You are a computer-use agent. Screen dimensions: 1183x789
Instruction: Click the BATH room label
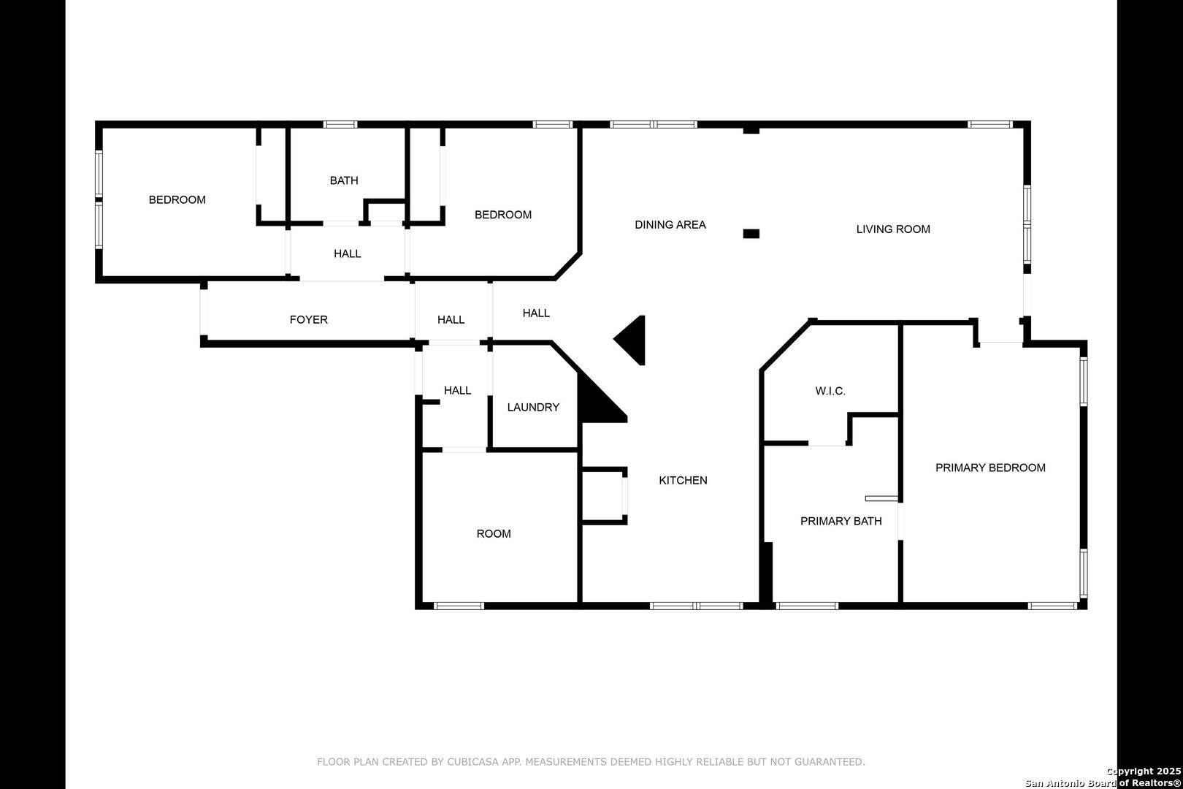344,180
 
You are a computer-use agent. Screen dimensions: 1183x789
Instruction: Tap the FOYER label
308,320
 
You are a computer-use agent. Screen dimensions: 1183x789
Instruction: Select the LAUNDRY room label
533,408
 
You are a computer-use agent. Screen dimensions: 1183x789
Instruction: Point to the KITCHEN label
683,481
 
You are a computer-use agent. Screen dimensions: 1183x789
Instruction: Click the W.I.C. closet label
830,391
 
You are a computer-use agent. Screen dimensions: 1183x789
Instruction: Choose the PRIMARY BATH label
841,522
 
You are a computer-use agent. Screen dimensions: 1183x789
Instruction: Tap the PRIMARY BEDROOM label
990,468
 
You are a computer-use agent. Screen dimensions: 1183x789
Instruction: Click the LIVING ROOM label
893,229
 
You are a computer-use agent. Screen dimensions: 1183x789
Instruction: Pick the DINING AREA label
670,225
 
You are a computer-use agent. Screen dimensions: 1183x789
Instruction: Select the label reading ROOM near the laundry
493,534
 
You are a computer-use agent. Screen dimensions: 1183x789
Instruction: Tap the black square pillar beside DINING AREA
751,234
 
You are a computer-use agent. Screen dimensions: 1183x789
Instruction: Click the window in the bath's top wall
340,125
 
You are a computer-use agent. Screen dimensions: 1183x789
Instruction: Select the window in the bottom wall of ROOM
459,606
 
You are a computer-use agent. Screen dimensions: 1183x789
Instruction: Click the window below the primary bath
806,606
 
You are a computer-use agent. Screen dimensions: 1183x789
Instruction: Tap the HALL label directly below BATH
347,254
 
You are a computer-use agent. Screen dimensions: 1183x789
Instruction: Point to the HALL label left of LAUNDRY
457,391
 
